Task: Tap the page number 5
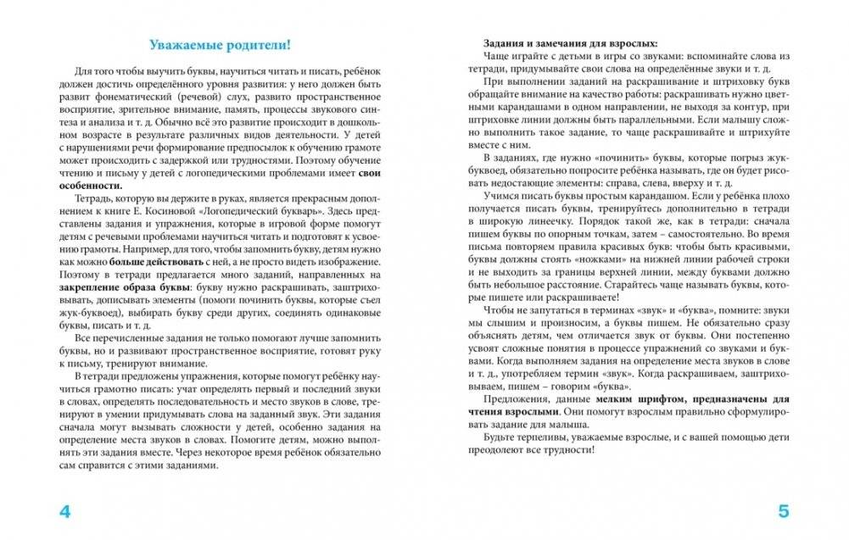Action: [783, 511]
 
